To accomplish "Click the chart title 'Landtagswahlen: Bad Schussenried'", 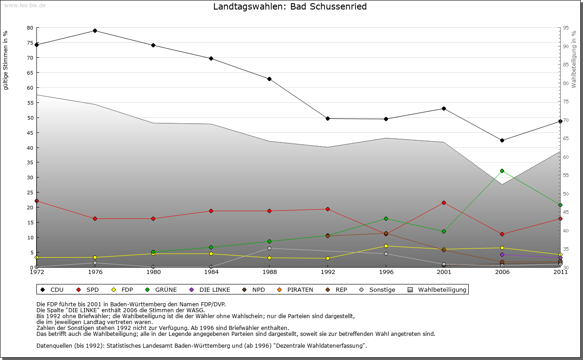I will pyautogui.click(x=290, y=6).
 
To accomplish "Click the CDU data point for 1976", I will pyautogui.click(x=95, y=30).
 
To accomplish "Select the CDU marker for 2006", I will pyautogui.click(x=502, y=140).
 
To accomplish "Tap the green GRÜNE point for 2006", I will pyautogui.click(x=502, y=171).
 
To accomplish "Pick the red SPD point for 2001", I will pyautogui.click(x=444, y=203).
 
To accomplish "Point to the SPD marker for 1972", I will pyautogui.click(x=36, y=201).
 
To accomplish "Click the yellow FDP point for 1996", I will pyautogui.click(x=386, y=246).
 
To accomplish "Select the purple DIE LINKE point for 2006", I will pyautogui.click(x=502, y=254).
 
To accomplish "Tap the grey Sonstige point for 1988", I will pyautogui.click(x=269, y=248).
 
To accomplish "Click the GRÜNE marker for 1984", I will pyautogui.click(x=211, y=247).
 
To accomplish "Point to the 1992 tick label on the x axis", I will pyautogui.click(x=327, y=272).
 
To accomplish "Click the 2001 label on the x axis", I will pyautogui.click(x=444, y=272).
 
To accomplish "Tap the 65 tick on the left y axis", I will pyautogui.click(x=30, y=72).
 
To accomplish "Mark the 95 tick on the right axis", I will pyautogui.click(x=566, y=28).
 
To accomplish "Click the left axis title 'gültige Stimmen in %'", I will pyautogui.click(x=6, y=61).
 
